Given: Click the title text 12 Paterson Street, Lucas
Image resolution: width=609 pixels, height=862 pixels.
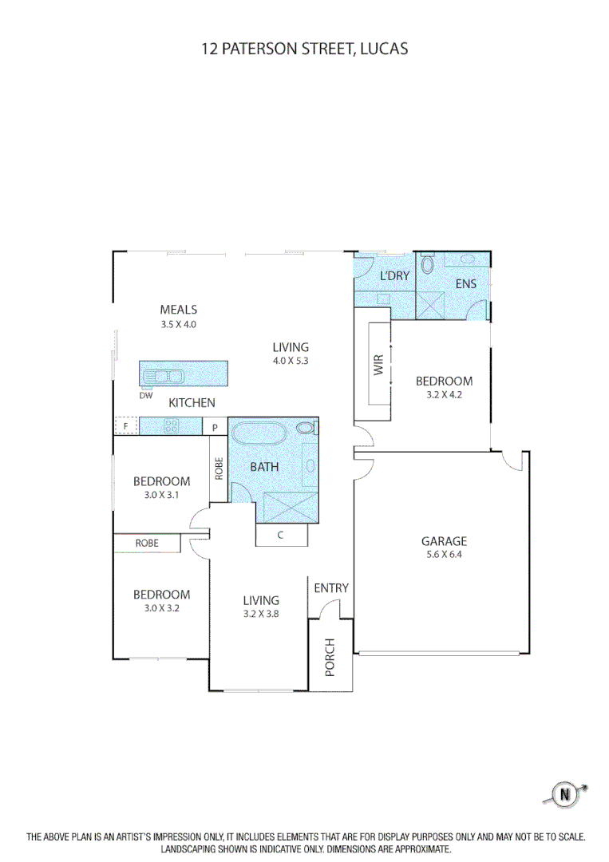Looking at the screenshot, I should click(x=304, y=49).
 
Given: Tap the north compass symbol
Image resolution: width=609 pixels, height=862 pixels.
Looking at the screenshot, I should click(x=566, y=793).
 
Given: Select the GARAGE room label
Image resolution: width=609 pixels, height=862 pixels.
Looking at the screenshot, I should click(x=445, y=541).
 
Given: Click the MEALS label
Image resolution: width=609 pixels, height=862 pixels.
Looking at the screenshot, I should click(x=178, y=310).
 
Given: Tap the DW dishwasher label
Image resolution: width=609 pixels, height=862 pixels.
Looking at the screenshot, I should click(x=145, y=395).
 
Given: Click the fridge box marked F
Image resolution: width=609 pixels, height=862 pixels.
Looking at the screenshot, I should click(x=126, y=426).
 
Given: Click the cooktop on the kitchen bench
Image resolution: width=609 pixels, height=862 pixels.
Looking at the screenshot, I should click(x=171, y=426).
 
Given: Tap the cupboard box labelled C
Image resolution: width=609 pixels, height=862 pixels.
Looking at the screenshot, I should click(x=281, y=536).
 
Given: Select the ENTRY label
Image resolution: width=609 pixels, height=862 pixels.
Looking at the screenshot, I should click(x=330, y=588).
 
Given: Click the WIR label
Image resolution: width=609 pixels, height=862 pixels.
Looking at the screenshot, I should click(x=378, y=365).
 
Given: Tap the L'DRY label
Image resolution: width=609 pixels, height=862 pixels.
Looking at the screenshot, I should click(x=394, y=276).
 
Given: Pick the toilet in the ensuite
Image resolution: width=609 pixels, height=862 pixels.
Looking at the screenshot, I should click(x=427, y=264).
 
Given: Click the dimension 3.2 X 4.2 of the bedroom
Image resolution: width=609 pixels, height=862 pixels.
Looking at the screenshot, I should click(x=444, y=394).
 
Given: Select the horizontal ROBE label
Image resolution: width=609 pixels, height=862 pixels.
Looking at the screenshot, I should click(x=146, y=544).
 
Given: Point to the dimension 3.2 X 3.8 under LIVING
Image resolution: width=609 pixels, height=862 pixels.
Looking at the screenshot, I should click(x=261, y=614).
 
